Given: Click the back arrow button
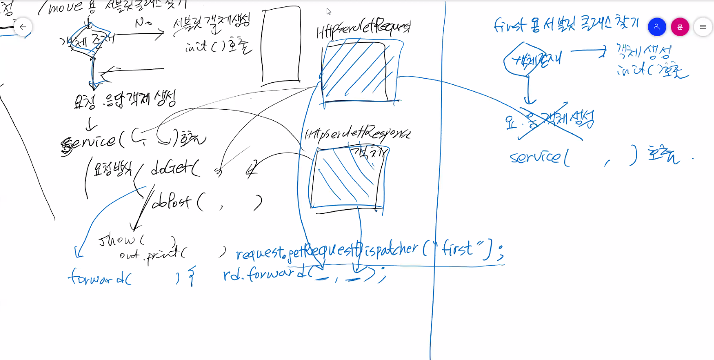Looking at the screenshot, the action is [x=23, y=27].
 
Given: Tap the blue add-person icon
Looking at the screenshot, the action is [x=657, y=27].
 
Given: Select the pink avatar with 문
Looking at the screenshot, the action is [x=680, y=27].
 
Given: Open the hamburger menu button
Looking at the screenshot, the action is [x=702, y=27].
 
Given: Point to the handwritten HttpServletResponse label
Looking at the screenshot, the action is [x=357, y=134].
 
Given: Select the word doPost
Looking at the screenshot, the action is [x=171, y=202].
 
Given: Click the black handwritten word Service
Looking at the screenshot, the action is [x=89, y=142].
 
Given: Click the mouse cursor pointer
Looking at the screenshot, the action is [x=328, y=11].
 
